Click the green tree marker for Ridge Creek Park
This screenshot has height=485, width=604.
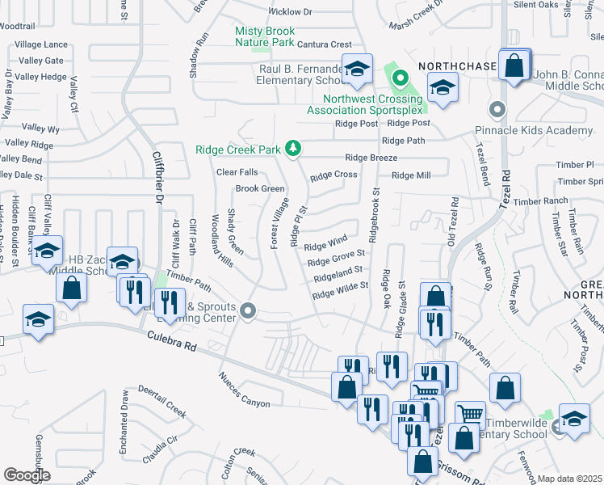(295, 149)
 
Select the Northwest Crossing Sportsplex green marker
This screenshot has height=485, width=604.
(400, 79)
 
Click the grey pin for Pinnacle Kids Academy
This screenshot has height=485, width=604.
(497, 108)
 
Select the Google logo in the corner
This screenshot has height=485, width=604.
(27, 474)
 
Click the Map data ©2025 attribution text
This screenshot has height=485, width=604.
(570, 479)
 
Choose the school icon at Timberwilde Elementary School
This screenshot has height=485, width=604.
(574, 419)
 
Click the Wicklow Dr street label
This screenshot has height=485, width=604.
(290, 12)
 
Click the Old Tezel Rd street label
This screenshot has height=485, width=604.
(453, 221)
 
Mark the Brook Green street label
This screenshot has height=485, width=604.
(259, 189)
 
